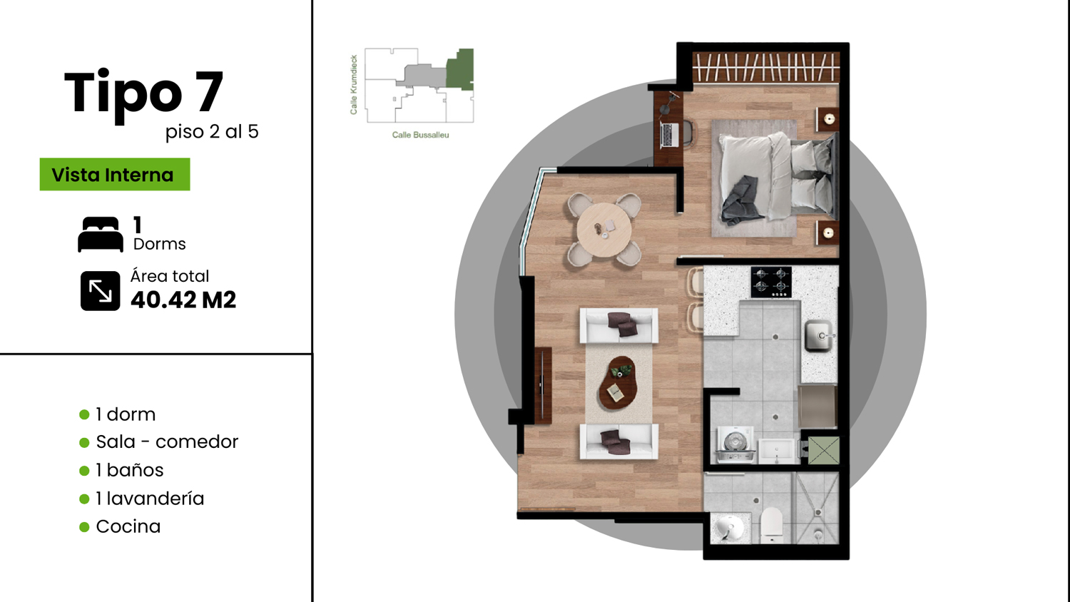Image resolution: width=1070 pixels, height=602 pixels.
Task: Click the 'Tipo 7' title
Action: coord(144,93)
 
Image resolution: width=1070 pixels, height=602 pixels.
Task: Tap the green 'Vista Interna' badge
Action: coord(115,174)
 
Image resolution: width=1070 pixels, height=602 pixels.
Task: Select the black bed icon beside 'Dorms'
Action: coord(101,234)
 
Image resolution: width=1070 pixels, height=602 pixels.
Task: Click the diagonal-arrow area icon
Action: coord(101,291)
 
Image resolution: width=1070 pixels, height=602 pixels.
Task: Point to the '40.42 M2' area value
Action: coord(183,300)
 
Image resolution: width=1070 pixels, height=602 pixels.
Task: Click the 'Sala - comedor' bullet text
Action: coord(167,442)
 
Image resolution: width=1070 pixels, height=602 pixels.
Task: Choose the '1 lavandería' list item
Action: coord(150,499)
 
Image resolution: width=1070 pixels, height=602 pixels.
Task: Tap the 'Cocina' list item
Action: coord(128,526)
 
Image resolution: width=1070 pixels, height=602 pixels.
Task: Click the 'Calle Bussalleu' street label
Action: coord(420,136)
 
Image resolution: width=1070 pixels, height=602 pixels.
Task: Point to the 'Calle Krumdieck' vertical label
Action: coord(354,85)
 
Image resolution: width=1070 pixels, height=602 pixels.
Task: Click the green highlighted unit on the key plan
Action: coord(460,68)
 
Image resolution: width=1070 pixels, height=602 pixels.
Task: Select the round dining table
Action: coord(603,231)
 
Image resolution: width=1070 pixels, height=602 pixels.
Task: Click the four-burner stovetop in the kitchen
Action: coord(771,282)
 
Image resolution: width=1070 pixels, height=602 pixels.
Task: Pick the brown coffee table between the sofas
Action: coord(618,383)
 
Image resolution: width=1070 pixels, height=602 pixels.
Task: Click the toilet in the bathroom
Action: coord(771,524)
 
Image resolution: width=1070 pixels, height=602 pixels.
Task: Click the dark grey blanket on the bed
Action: coord(741,200)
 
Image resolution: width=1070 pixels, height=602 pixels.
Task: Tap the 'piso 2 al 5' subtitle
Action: coord(212,132)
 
